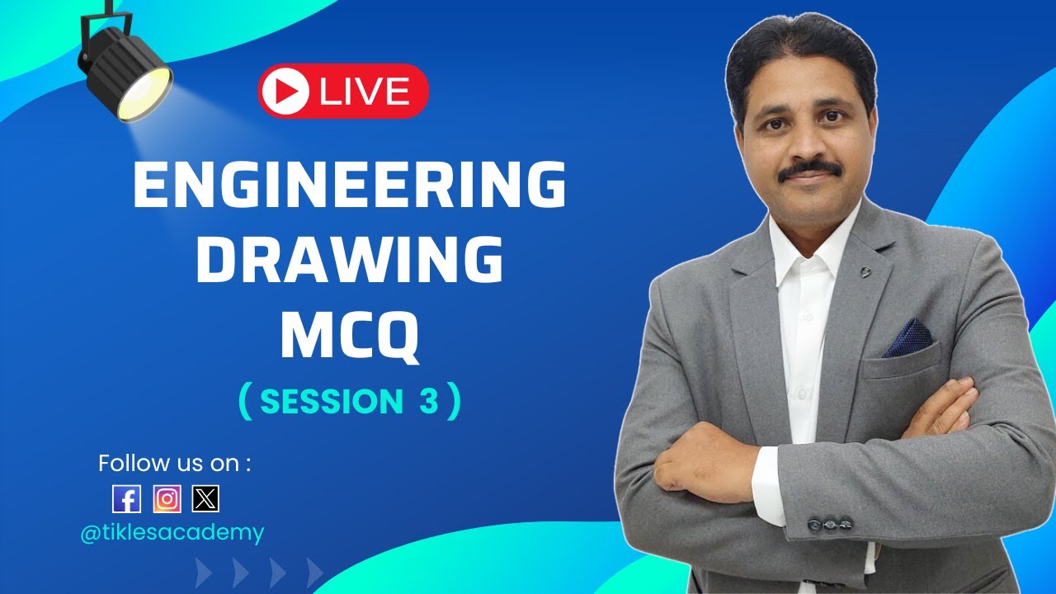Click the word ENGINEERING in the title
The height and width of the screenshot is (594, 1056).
coord(349,186)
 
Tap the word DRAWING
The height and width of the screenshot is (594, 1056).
coord(349,261)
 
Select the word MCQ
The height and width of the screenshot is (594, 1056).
coord(349,335)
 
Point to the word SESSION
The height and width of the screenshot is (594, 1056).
coord(331,402)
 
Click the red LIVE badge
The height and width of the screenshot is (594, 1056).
coord(343,92)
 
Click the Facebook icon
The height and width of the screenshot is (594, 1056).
coord(126,498)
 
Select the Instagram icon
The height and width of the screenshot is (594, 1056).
coord(167,498)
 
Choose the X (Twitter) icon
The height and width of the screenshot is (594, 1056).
coord(205,498)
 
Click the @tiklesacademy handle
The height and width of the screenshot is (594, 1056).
coord(172,533)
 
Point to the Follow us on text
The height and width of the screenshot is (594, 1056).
coord(174,463)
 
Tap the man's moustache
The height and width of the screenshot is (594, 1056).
coord(809,170)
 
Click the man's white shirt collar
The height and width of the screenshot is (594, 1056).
coord(813,243)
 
